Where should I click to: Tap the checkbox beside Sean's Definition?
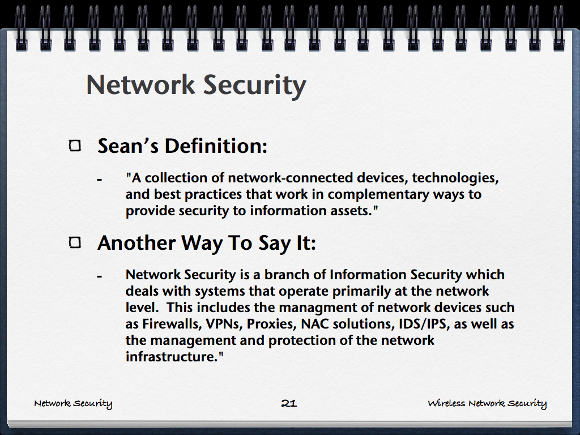click(75, 146)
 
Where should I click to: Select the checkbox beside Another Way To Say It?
click(75, 242)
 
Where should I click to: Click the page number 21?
click(289, 403)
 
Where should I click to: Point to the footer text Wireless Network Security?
click(487, 403)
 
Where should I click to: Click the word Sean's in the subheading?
click(128, 146)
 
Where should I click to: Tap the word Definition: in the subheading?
click(216, 146)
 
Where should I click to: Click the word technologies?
click(455, 178)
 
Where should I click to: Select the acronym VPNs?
click(224, 325)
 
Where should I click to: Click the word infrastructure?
click(171, 357)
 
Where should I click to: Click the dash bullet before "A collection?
click(99, 180)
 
